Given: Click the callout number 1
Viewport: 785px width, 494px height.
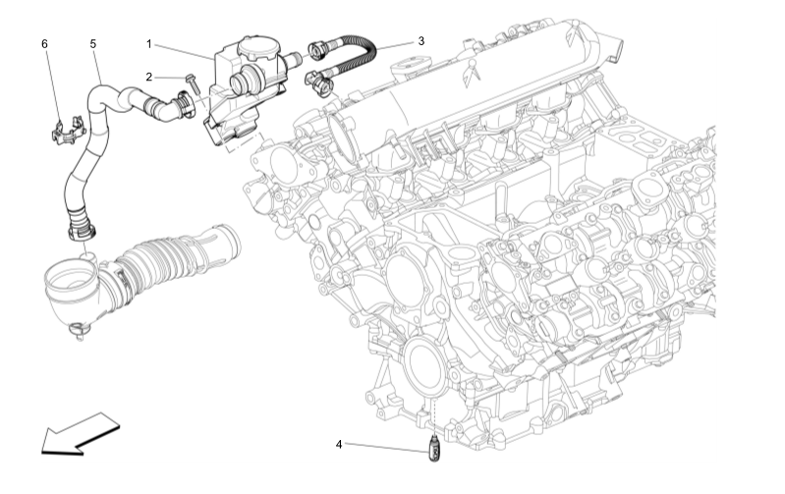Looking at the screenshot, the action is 148,44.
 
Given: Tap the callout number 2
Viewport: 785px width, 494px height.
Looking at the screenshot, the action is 148,77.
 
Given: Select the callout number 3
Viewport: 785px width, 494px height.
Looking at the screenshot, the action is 421,41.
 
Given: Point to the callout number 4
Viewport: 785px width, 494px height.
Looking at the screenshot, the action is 339,444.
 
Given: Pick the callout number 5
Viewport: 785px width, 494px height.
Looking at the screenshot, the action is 93,44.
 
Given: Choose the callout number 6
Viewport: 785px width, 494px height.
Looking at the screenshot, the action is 44,44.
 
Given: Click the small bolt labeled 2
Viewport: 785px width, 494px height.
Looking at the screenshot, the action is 193,83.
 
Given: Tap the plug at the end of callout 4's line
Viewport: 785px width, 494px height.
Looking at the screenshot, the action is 434,449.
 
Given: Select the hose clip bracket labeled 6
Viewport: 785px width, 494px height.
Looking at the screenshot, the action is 68,132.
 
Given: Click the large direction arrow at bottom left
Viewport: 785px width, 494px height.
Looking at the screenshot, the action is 81,434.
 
